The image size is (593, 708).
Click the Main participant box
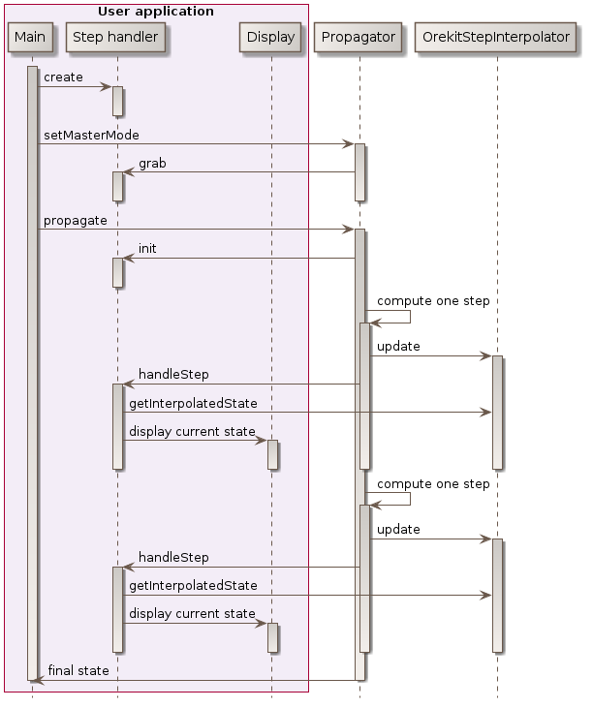tap(30, 37)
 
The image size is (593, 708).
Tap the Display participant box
tap(271, 37)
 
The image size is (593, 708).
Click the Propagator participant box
tap(359, 37)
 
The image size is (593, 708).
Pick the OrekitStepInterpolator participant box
tap(496, 37)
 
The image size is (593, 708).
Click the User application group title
tap(156, 12)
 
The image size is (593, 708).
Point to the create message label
tap(63, 77)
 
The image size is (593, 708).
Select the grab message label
tap(152, 163)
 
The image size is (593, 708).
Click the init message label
tap(147, 248)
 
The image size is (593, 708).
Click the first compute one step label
tap(433, 301)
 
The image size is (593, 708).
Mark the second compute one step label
tap(433, 483)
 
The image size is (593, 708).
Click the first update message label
tap(398, 347)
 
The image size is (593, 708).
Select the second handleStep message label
tap(173, 558)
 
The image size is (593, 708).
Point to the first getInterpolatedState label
tap(193, 403)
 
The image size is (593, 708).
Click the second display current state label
tap(192, 613)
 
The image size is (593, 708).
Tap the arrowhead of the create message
tap(108, 87)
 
